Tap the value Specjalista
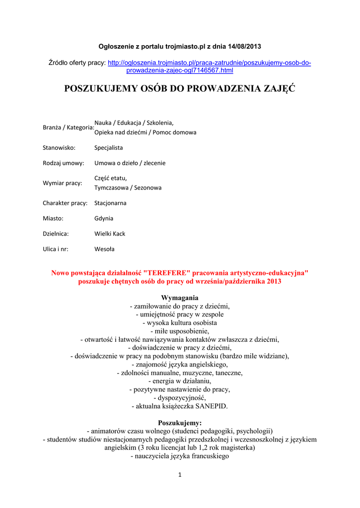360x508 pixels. click(x=109, y=148)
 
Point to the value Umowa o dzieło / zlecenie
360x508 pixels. click(x=130, y=163)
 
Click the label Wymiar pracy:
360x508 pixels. click(x=63, y=183)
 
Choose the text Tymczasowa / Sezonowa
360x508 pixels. click(x=128, y=188)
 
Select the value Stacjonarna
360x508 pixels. click(x=111, y=203)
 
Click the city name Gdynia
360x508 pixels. click(x=104, y=218)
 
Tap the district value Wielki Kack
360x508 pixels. click(x=110, y=234)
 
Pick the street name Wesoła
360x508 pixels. click(x=104, y=249)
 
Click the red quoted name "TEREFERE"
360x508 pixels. click(x=166, y=273)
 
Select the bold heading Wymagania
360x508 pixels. click(x=180, y=298)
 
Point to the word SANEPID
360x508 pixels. click(x=211, y=406)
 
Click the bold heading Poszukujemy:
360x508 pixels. click(x=180, y=423)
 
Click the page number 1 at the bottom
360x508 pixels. click(x=180, y=475)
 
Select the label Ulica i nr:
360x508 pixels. click(x=56, y=249)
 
